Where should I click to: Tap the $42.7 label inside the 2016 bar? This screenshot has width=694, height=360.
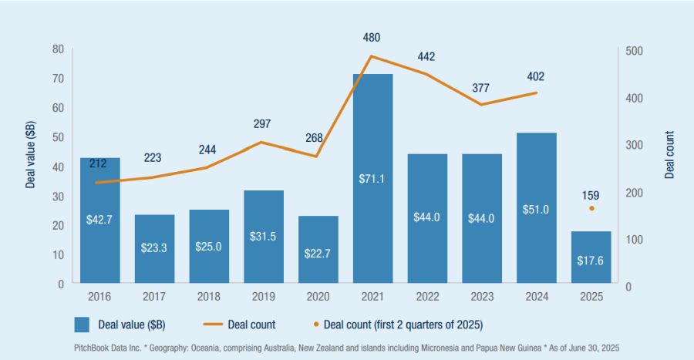point(100,220)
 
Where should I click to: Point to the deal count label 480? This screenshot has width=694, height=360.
point(372,37)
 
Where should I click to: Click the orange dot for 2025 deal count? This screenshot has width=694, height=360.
point(591,208)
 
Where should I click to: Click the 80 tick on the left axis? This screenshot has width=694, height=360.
point(58,49)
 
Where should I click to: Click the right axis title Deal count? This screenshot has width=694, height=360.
point(669,154)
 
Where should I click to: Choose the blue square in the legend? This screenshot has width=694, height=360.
point(83,324)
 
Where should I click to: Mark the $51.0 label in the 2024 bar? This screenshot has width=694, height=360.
point(536,210)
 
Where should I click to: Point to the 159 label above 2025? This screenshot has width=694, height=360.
point(591,195)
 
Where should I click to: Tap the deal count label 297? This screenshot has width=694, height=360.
point(264,123)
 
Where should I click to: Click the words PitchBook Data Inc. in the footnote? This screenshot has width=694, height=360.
point(108,348)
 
